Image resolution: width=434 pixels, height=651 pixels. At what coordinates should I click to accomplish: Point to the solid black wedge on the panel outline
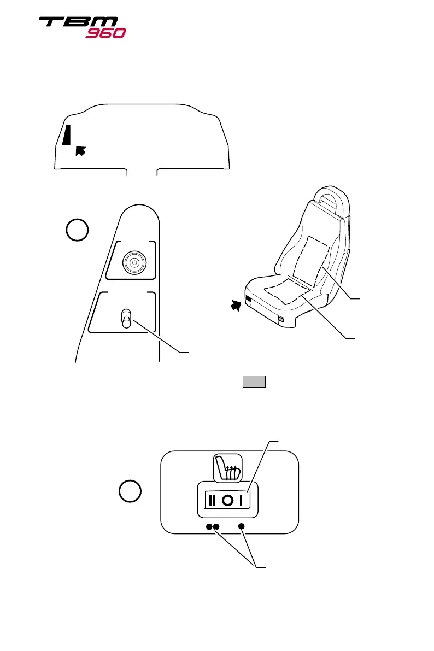[67, 135]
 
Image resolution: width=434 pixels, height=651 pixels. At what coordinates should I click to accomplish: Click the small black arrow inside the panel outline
[80, 150]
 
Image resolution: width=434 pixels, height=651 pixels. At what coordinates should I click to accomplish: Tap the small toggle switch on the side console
[126, 319]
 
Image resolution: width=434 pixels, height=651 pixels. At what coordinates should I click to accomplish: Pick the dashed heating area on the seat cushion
[284, 293]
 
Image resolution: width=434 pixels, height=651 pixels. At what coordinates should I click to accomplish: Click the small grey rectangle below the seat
[254, 382]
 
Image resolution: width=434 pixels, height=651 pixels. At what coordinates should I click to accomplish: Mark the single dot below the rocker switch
[242, 526]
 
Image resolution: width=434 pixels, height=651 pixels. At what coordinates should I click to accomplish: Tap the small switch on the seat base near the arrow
[248, 299]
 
